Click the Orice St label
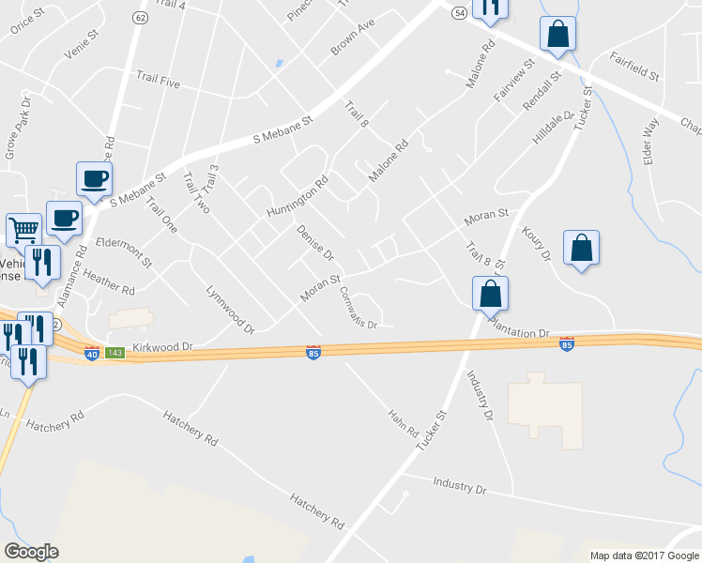[x=26, y=22]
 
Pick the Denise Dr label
[x=315, y=241]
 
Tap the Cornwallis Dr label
[x=358, y=307]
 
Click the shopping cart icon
[x=23, y=228]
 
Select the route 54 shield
[x=458, y=13]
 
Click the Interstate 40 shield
[x=92, y=354]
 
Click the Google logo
[x=31, y=552]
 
